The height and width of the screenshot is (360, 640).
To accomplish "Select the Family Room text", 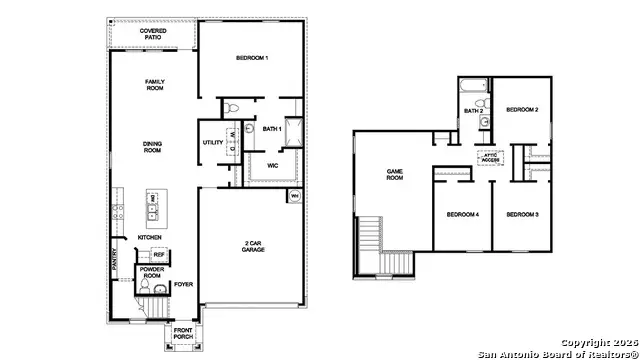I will [154, 85].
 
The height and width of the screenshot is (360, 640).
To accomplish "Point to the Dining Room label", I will [152, 146].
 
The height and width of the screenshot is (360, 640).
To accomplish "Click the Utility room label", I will [213, 142].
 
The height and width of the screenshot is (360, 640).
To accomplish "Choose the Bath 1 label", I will [272, 129].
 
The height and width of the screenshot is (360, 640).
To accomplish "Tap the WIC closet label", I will [272, 165].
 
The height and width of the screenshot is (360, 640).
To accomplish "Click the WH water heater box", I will [295, 196].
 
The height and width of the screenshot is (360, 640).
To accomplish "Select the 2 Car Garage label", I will [253, 246].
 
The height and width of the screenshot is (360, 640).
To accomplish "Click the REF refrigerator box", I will [158, 255].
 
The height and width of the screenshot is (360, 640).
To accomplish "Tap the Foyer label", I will [183, 284].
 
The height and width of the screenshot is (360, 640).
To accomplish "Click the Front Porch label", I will [183, 334].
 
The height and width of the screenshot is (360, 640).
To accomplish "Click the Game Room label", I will [395, 175].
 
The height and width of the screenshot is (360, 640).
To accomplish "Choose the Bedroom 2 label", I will [522, 109].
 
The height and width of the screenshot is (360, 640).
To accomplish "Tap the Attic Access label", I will [490, 157].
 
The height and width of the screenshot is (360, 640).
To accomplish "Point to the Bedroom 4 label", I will [462, 215].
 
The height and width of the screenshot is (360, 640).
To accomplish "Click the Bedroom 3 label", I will [522, 215].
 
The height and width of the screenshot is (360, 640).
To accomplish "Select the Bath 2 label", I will [474, 111].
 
